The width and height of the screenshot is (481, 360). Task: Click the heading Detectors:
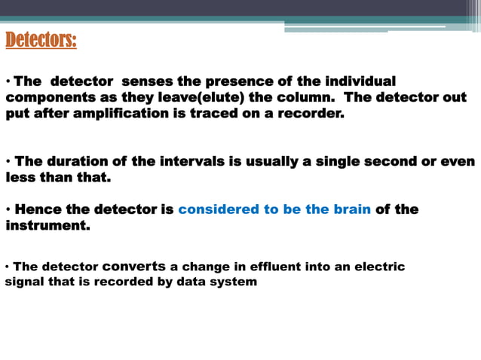click(41, 40)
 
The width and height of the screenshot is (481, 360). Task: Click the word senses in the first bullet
click(148, 81)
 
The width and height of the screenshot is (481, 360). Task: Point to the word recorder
click(311, 114)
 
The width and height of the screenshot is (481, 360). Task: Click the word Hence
click(37, 209)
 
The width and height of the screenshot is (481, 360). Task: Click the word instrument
click(47, 225)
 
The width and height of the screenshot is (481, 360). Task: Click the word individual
click(359, 81)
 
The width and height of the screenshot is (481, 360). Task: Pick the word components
click(48, 98)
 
